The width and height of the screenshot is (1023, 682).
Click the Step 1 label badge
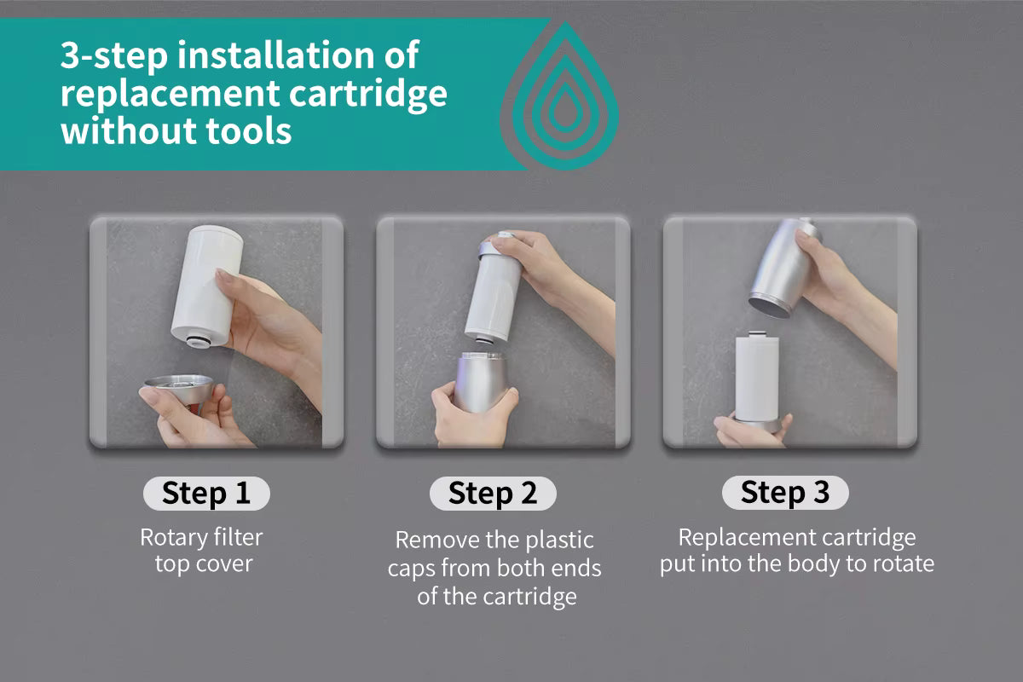click(x=205, y=494)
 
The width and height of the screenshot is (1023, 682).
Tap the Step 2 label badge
click(x=492, y=494)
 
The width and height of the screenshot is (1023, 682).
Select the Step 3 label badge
click(x=784, y=493)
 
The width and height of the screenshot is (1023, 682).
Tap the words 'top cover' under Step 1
click(x=204, y=564)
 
